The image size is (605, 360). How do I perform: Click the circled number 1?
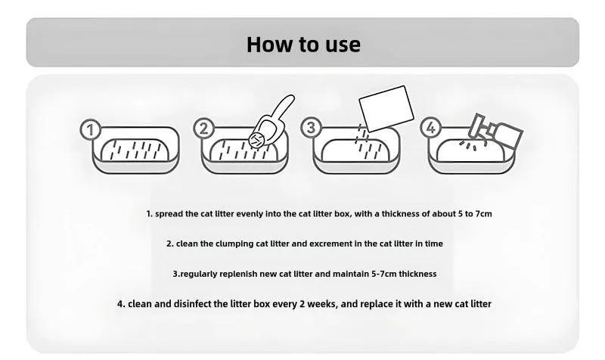pyautogui.click(x=90, y=130)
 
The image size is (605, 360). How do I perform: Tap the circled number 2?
pyautogui.click(x=203, y=128)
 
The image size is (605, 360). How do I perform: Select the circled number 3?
pyautogui.click(x=311, y=127)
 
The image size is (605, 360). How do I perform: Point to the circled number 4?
pyautogui.click(x=430, y=127)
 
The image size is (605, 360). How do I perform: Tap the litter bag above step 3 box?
pyautogui.click(x=386, y=108)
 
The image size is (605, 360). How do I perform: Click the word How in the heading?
pyautogui.click(x=270, y=45)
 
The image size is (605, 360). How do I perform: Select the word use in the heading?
pyautogui.click(x=343, y=45)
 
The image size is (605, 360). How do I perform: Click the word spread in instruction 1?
pyautogui.click(x=169, y=214)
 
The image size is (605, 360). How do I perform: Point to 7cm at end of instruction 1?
pyautogui.click(x=483, y=214)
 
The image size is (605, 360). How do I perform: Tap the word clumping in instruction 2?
pyautogui.click(x=234, y=244)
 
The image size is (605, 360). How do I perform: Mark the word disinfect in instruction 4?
pyautogui.click(x=192, y=304)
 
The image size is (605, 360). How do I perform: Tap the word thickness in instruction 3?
pyautogui.click(x=418, y=274)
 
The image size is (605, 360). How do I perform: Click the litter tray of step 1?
pyautogui.click(x=136, y=151)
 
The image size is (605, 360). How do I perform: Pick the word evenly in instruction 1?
pyautogui.click(x=250, y=214)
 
